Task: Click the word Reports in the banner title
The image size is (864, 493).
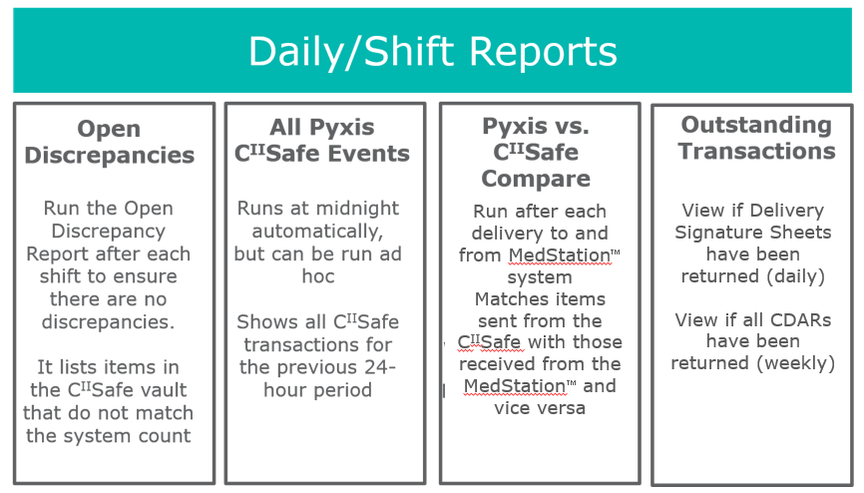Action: pos(543,51)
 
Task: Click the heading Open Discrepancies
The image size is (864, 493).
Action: pos(109,142)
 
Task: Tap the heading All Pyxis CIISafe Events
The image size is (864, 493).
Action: pos(322,140)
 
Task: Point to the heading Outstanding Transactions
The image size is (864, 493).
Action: pos(756,138)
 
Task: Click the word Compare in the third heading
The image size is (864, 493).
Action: pos(536,179)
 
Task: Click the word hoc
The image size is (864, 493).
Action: pos(318,275)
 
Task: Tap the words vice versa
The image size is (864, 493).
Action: pos(540,408)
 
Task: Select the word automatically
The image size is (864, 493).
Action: pos(317,232)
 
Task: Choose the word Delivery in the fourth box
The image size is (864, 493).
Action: pos(787,211)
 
